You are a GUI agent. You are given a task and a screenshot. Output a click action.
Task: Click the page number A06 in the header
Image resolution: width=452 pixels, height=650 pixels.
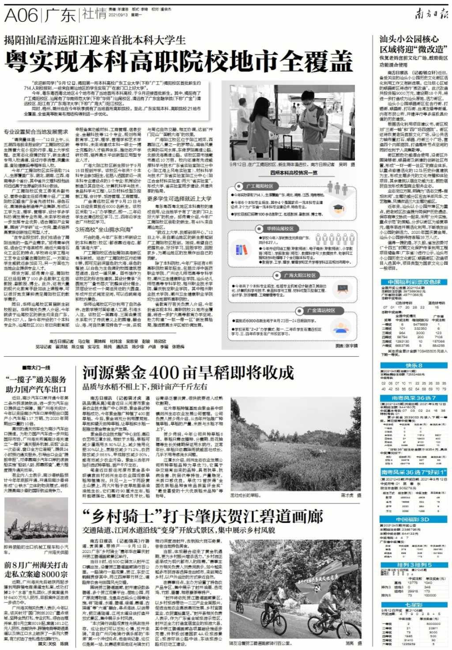(x=21, y=15)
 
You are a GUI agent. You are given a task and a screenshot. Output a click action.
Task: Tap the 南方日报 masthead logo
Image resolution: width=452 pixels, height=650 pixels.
(x=431, y=15)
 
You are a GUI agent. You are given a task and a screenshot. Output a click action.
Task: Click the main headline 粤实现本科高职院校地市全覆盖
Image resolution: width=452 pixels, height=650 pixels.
(x=179, y=61)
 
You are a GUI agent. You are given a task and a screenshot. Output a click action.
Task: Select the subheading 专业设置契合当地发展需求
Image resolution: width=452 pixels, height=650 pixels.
(x=36, y=132)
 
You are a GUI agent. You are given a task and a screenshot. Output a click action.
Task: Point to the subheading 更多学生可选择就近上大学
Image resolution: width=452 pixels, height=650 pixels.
(x=179, y=199)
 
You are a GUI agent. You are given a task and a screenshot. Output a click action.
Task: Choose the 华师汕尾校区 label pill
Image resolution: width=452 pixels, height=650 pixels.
(x=279, y=229)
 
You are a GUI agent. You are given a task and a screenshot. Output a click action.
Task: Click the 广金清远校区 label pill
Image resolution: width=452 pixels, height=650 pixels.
(x=320, y=310)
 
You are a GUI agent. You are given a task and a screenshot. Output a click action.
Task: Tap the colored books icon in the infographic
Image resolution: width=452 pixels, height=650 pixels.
(x=241, y=249)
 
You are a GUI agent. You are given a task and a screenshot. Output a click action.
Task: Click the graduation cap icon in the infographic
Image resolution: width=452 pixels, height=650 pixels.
(x=338, y=208)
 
